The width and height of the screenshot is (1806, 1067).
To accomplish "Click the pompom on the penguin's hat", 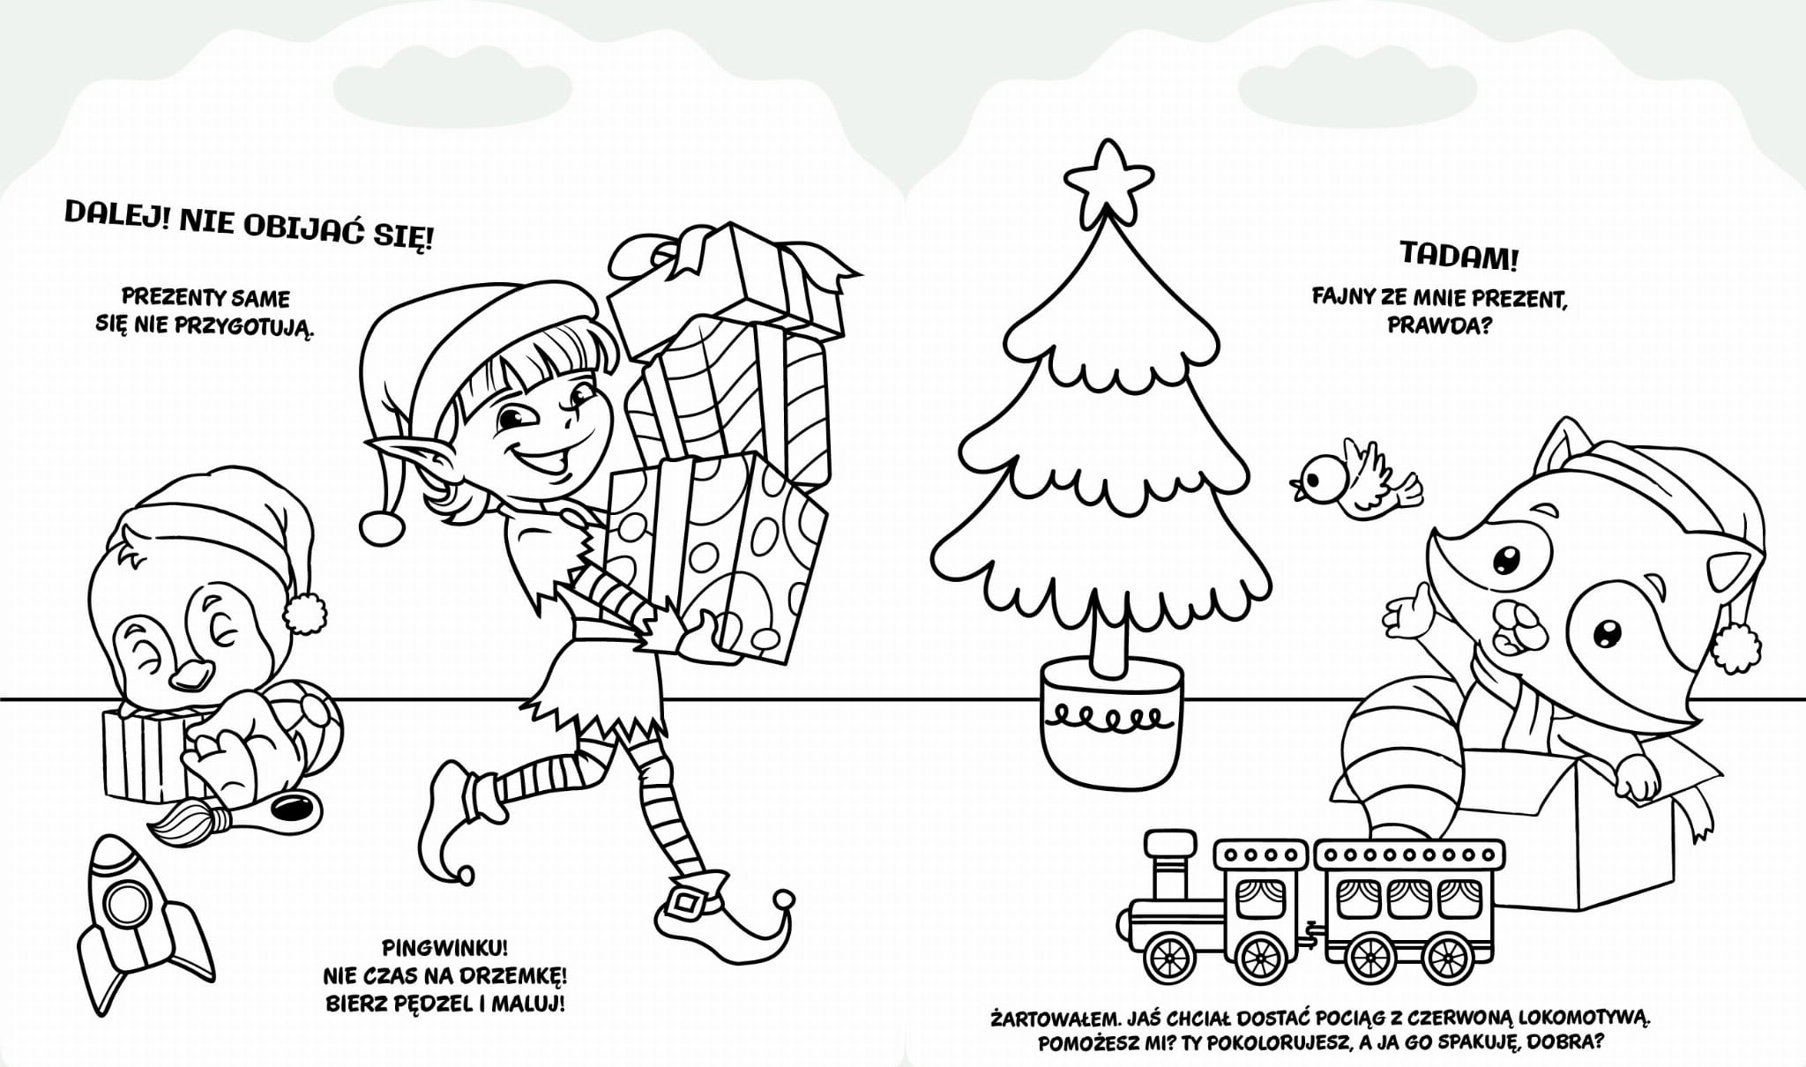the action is (305, 614).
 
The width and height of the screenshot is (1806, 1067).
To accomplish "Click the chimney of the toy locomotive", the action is (1166, 863).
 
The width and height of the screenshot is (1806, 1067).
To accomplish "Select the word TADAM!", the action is (1459, 257).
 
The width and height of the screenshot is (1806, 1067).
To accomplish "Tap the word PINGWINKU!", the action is (445, 949).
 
